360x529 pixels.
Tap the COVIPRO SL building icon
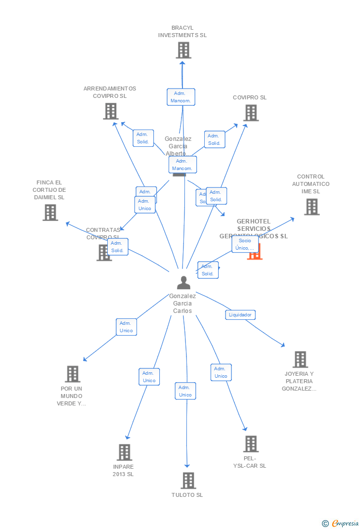(251, 113)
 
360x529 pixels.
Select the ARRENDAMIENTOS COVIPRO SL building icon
(110, 111)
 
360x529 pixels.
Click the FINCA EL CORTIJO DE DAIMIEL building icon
(50, 213)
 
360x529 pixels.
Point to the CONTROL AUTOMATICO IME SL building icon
(312, 207)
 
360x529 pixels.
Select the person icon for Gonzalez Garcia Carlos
(183, 283)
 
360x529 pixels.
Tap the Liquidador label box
(240, 314)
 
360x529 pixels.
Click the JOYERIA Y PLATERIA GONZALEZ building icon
(300, 359)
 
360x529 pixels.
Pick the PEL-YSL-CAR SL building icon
(251, 444)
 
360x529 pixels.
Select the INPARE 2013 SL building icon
(124, 452)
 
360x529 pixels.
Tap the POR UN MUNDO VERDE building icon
(73, 374)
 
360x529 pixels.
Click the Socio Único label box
(245, 244)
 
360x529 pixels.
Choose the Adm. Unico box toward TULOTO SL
(185, 391)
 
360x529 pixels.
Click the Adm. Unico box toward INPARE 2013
(149, 377)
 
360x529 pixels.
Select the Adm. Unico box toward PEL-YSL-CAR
(221, 372)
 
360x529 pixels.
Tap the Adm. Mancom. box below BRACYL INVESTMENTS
(181, 97)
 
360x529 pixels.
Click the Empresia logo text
(345, 523)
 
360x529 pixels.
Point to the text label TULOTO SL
(187, 495)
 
